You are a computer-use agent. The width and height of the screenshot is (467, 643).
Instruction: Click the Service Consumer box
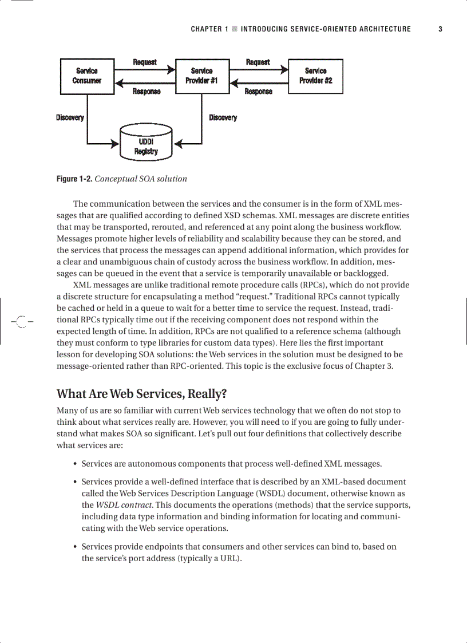point(87,76)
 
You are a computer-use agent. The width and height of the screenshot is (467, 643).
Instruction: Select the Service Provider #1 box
point(201,76)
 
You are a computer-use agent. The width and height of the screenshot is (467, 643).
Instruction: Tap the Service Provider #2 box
point(315,76)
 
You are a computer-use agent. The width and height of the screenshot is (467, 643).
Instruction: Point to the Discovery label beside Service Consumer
point(70,118)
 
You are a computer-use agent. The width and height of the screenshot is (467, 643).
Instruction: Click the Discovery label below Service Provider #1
point(223,118)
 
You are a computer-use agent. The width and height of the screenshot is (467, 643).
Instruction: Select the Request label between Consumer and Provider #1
point(145,62)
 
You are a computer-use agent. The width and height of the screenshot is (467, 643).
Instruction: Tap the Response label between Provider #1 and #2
point(258,92)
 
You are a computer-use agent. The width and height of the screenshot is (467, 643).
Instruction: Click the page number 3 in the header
point(440,29)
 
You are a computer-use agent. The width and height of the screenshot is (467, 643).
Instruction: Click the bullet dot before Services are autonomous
point(76,464)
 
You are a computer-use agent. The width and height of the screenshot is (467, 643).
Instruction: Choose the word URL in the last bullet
point(229,558)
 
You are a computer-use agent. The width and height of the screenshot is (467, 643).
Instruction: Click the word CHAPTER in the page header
point(206,29)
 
